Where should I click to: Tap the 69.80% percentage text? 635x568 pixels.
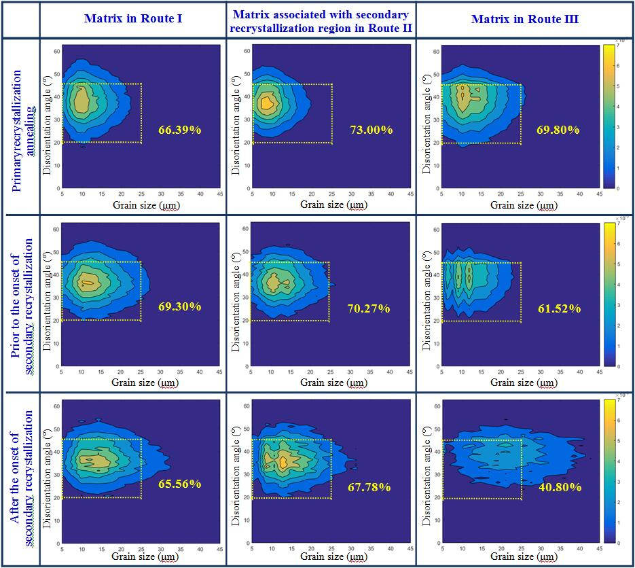tap(558, 130)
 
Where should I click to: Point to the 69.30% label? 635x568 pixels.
tap(179, 306)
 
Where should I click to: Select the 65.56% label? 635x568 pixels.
tap(179, 484)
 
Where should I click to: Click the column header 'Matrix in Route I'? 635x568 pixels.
tap(133, 18)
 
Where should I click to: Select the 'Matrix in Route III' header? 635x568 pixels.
tap(525, 19)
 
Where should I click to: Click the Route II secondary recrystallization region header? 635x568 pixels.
tap(321, 21)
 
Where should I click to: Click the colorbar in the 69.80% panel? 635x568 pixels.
tap(609, 116)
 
